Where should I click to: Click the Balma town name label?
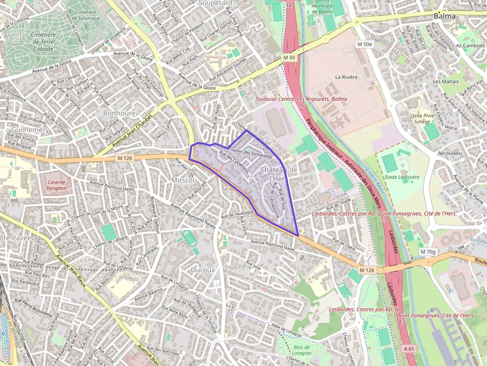pos(444,16)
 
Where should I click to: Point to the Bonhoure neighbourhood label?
pos(119,113)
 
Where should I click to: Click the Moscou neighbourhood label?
pos(184,179)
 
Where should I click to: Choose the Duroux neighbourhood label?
pos(203,270)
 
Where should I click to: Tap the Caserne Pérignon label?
pos(56,185)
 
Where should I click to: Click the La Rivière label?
pos(346,77)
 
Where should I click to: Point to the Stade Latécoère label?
pos(402,177)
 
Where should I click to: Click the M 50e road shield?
pos(364,44)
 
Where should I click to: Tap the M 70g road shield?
pos(427,252)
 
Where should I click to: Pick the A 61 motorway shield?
pos(409,349)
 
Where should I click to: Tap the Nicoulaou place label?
pos(449,153)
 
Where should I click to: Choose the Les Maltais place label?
pos(446,81)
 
